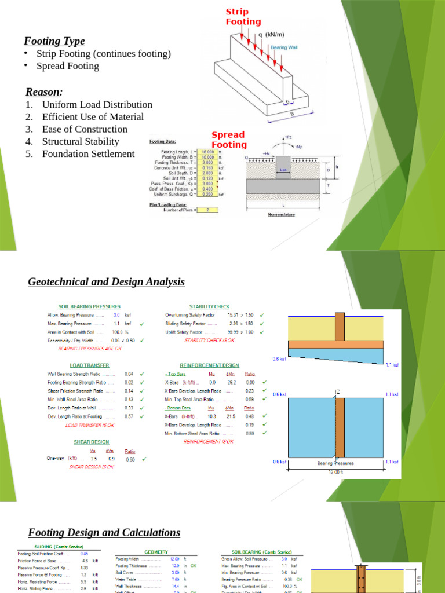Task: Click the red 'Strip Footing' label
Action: (243, 17)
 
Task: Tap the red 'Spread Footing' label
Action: (228, 140)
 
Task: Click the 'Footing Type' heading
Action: (54, 41)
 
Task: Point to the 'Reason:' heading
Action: (44, 92)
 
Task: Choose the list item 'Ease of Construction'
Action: (85, 129)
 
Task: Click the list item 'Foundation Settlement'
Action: (88, 153)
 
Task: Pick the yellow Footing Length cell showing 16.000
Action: (207, 152)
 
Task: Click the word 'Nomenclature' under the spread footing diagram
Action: (281, 214)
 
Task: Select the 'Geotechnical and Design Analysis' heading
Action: (106, 282)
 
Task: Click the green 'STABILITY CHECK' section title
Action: (209, 306)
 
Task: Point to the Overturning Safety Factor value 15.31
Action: (234, 315)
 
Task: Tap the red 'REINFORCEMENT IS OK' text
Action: (209, 441)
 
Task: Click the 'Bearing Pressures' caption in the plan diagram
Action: (335, 463)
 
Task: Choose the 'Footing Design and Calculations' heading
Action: (104, 532)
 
